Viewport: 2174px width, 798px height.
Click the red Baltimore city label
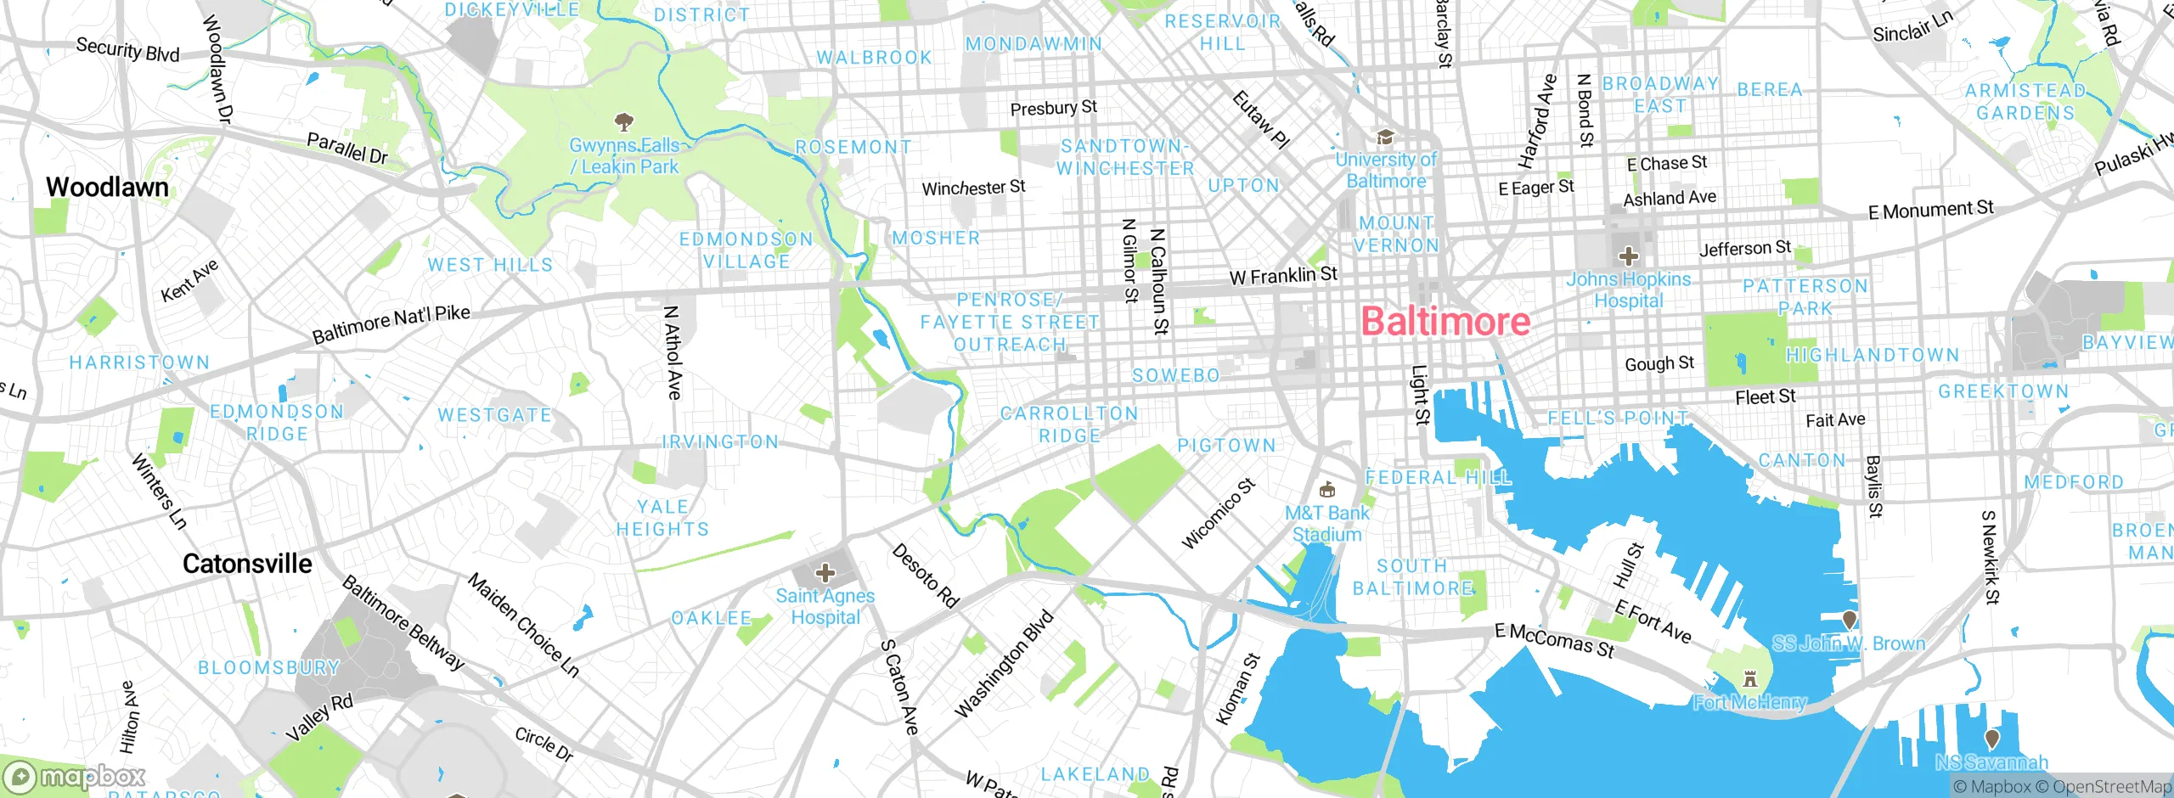click(x=1445, y=322)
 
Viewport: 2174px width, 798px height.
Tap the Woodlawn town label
click(x=107, y=187)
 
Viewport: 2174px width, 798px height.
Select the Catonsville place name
click(x=247, y=564)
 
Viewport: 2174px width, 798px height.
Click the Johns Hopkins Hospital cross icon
click(x=1628, y=256)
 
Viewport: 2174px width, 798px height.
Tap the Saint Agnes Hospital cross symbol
click(x=825, y=573)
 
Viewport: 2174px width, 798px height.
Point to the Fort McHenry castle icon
click(x=1749, y=679)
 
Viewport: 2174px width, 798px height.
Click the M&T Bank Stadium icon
click(x=1326, y=490)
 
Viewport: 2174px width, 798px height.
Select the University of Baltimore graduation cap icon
click(x=1385, y=138)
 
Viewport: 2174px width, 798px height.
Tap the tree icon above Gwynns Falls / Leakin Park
click(x=624, y=121)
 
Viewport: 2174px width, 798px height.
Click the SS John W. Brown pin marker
click(x=1849, y=620)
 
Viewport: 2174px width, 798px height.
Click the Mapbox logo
click(x=75, y=777)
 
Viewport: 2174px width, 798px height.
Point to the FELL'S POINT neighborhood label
click(x=1618, y=418)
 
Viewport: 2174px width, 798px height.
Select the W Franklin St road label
click(x=1283, y=276)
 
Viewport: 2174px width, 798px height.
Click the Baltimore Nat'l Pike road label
click(x=391, y=324)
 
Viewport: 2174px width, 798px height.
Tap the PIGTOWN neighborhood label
click(x=1226, y=446)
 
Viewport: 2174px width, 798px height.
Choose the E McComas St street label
click(x=1554, y=640)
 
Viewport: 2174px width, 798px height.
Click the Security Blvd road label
click(x=127, y=49)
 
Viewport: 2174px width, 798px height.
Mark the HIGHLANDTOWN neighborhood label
click(x=1873, y=355)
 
